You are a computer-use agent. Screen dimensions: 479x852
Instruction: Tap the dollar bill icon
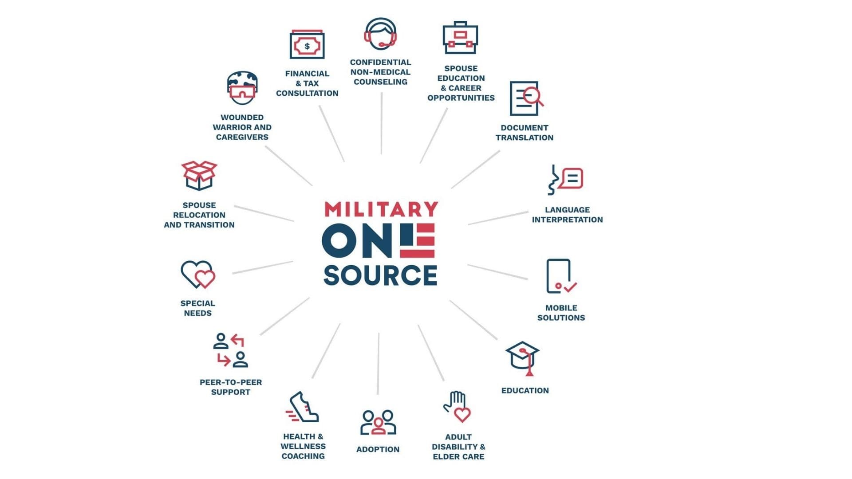pos(307,45)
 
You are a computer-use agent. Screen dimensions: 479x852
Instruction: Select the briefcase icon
pos(460,38)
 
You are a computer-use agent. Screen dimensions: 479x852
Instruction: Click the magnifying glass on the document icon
pos(532,96)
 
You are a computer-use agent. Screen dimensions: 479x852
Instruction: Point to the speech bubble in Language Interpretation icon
pos(572,178)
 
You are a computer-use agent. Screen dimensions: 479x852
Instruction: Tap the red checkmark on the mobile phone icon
pos(570,287)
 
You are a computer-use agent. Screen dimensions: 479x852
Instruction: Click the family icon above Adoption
pos(378,422)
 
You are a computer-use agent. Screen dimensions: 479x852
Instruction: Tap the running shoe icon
pos(303,407)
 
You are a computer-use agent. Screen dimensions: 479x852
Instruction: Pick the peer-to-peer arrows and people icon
pos(230,350)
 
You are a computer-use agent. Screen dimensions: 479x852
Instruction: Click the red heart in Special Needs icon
pos(205,279)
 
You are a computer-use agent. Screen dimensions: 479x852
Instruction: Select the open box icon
pos(199,175)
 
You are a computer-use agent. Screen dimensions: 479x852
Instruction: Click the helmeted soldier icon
pos(242,88)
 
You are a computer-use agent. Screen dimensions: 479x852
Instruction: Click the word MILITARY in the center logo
pos(381,209)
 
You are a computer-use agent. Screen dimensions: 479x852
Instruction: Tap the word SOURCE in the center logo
pos(380,275)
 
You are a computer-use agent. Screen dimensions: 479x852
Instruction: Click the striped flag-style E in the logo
pos(417,240)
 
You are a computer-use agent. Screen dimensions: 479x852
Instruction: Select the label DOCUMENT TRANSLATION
pos(524,133)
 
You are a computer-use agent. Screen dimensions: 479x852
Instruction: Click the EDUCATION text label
pos(525,391)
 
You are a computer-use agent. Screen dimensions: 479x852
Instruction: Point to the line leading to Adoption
pos(378,364)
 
